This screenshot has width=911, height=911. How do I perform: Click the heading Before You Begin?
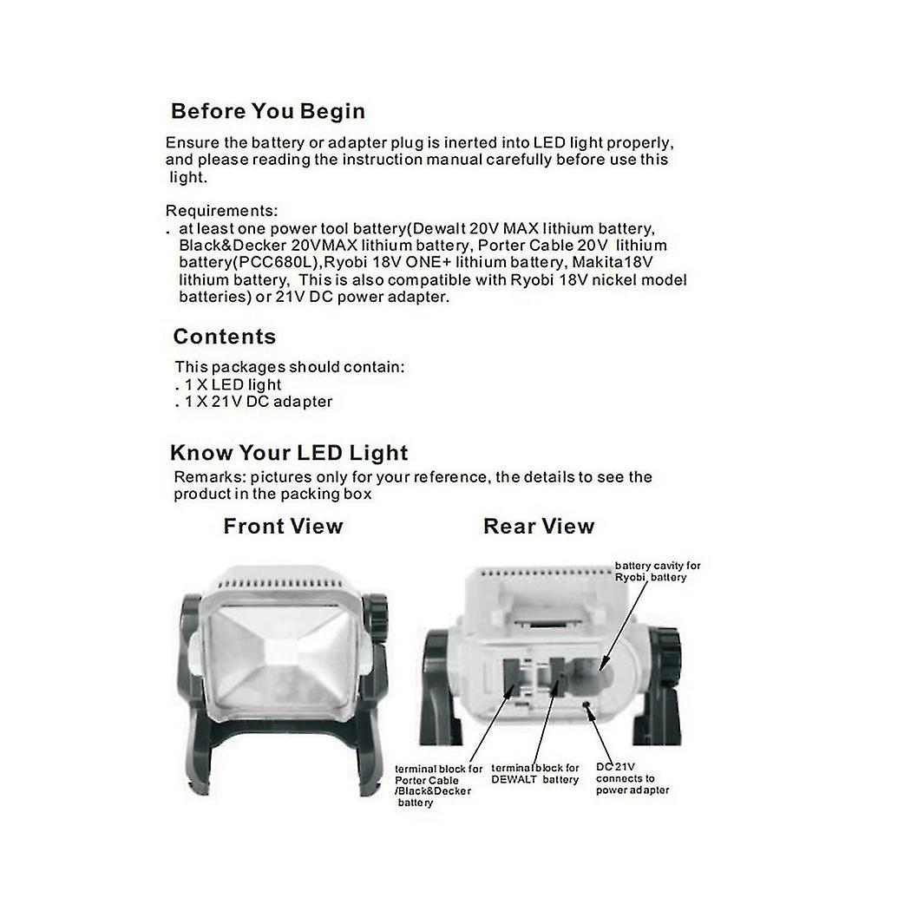coord(267,111)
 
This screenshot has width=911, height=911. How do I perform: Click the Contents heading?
coord(224,337)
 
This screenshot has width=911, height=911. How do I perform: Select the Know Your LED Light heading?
coord(289,452)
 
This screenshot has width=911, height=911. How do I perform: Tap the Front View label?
coord(283,526)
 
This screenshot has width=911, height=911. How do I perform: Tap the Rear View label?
coord(539,526)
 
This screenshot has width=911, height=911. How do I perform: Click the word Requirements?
coord(220,211)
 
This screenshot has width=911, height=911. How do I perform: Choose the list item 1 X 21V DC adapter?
coord(257,402)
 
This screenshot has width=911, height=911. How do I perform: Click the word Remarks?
coord(205,477)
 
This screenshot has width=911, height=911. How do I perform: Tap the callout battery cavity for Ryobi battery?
coord(657,571)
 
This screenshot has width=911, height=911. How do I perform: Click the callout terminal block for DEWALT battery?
coord(535,773)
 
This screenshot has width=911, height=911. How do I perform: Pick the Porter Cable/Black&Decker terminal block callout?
coord(438,785)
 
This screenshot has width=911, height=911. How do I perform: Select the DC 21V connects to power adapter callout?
coord(632,778)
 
